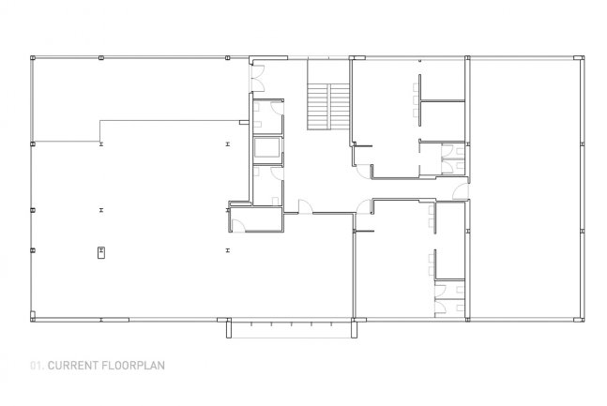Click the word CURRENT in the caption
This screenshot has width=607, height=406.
(73, 366)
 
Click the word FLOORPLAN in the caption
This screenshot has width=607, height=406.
(133, 366)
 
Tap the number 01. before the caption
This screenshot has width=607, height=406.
(38, 366)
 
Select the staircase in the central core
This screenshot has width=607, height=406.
(328, 106)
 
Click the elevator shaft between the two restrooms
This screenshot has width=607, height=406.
(266, 148)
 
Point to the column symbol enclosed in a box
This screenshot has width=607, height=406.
(101, 253)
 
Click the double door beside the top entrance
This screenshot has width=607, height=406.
(258, 78)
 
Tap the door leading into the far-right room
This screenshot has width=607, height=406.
(462, 192)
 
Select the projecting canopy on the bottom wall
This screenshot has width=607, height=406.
(291, 328)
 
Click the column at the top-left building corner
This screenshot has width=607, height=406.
(33, 58)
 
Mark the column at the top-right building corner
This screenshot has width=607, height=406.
(579, 58)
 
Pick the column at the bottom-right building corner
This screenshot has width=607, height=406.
(579, 320)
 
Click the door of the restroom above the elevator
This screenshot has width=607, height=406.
(277, 108)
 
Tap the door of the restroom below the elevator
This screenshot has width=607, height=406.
(277, 173)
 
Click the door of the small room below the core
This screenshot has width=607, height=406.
(238, 226)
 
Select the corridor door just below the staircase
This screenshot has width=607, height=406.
(306, 206)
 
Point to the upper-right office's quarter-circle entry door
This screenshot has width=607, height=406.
(364, 172)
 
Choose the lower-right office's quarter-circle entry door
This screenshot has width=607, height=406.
(364, 206)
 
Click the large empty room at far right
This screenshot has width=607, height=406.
(525, 188)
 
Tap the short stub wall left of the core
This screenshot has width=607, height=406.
(244, 123)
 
